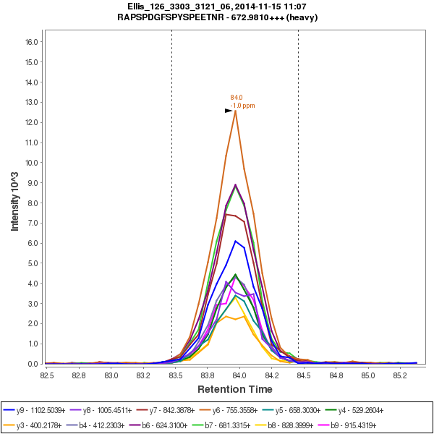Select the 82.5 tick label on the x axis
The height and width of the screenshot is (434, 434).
(48, 375)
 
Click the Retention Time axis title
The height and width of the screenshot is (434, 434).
(225, 390)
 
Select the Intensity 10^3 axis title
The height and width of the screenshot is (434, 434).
(14, 195)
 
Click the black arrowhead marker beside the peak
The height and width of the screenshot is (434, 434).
(229, 111)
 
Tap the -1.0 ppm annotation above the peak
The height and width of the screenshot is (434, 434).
(242, 106)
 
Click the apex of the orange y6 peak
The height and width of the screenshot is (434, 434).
(235, 111)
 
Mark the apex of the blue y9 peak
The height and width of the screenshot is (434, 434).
(235, 241)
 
